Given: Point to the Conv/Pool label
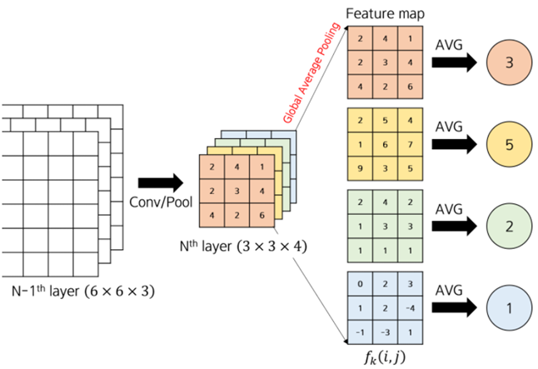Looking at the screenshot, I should point(155,202).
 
